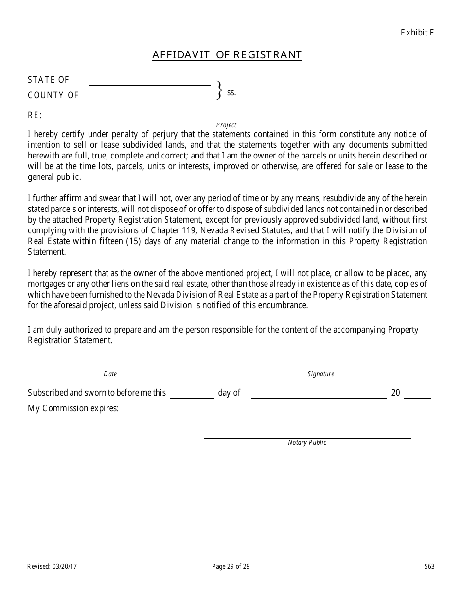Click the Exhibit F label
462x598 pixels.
click(x=417, y=33)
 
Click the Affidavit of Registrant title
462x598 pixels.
click(x=227, y=55)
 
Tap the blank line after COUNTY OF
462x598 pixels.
click(x=149, y=98)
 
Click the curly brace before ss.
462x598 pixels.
click(x=219, y=90)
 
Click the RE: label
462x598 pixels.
click(x=35, y=116)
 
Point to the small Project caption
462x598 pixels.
click(x=226, y=125)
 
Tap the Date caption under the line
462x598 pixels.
click(x=110, y=374)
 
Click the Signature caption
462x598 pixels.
click(x=320, y=374)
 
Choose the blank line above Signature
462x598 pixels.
click(x=320, y=369)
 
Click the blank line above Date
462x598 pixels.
click(x=110, y=369)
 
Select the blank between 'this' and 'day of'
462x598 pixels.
click(x=192, y=396)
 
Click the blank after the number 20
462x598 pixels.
click(x=417, y=396)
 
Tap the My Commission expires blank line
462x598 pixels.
click(x=202, y=411)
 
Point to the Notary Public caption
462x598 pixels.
click(x=307, y=443)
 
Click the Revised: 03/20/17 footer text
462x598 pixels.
click(x=52, y=566)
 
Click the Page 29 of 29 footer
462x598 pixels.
click(x=231, y=566)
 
